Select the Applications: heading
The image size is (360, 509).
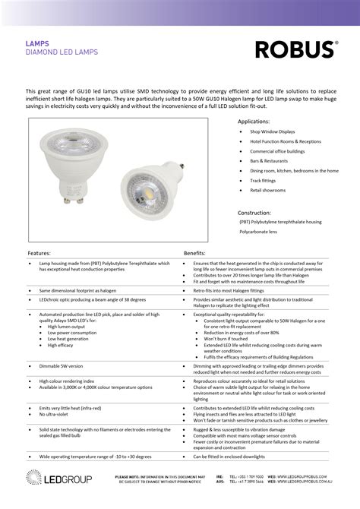pos(254,122)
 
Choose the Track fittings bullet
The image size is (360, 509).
pos(264,181)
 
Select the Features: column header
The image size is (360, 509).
pos(39,251)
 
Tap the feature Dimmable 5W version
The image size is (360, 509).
pos(62,365)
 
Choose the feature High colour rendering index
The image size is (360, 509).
pos(67,381)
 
